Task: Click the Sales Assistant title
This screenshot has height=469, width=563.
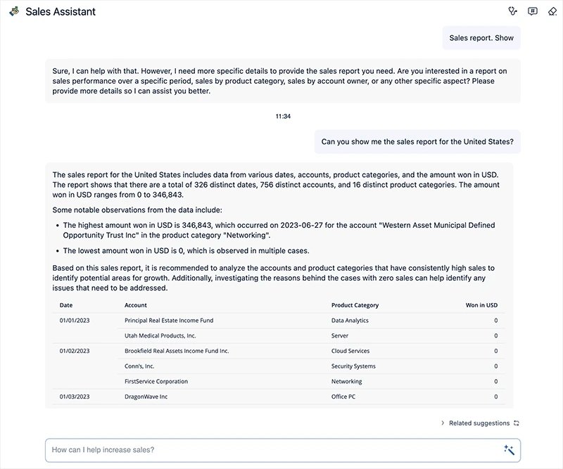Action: click(61, 11)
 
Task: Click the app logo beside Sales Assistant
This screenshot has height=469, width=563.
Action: click(14, 11)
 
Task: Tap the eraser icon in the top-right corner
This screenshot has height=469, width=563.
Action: click(552, 11)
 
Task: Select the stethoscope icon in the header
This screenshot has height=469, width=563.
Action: click(512, 11)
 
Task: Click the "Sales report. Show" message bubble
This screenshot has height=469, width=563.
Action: click(481, 38)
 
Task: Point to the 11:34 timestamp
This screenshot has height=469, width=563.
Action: click(283, 116)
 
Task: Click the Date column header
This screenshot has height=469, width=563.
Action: click(66, 305)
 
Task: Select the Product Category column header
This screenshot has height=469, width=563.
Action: click(355, 305)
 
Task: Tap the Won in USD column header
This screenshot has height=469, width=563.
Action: click(481, 305)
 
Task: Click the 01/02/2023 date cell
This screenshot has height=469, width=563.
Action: click(75, 351)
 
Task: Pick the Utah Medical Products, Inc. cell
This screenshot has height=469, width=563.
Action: click(160, 336)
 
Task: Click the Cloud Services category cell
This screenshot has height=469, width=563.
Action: click(350, 351)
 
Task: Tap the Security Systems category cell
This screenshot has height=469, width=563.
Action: click(353, 366)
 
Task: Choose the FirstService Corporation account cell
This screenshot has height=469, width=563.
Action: click(156, 382)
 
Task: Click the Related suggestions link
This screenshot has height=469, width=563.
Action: click(479, 423)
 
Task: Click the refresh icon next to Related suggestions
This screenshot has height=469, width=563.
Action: click(517, 423)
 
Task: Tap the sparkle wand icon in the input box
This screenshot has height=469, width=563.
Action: click(509, 450)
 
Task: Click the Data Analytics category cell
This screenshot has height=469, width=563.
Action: click(350, 321)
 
